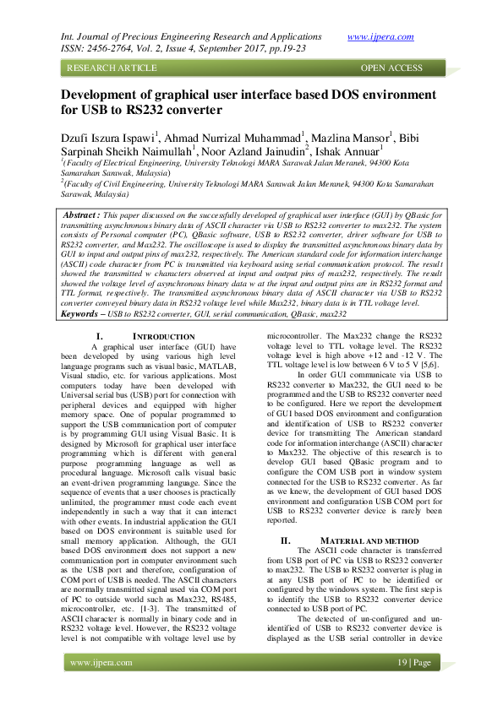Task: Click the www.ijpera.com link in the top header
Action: click(x=380, y=36)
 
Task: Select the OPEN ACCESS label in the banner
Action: click(x=391, y=68)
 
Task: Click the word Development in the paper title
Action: click(x=109, y=95)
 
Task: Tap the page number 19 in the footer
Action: click(x=402, y=662)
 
